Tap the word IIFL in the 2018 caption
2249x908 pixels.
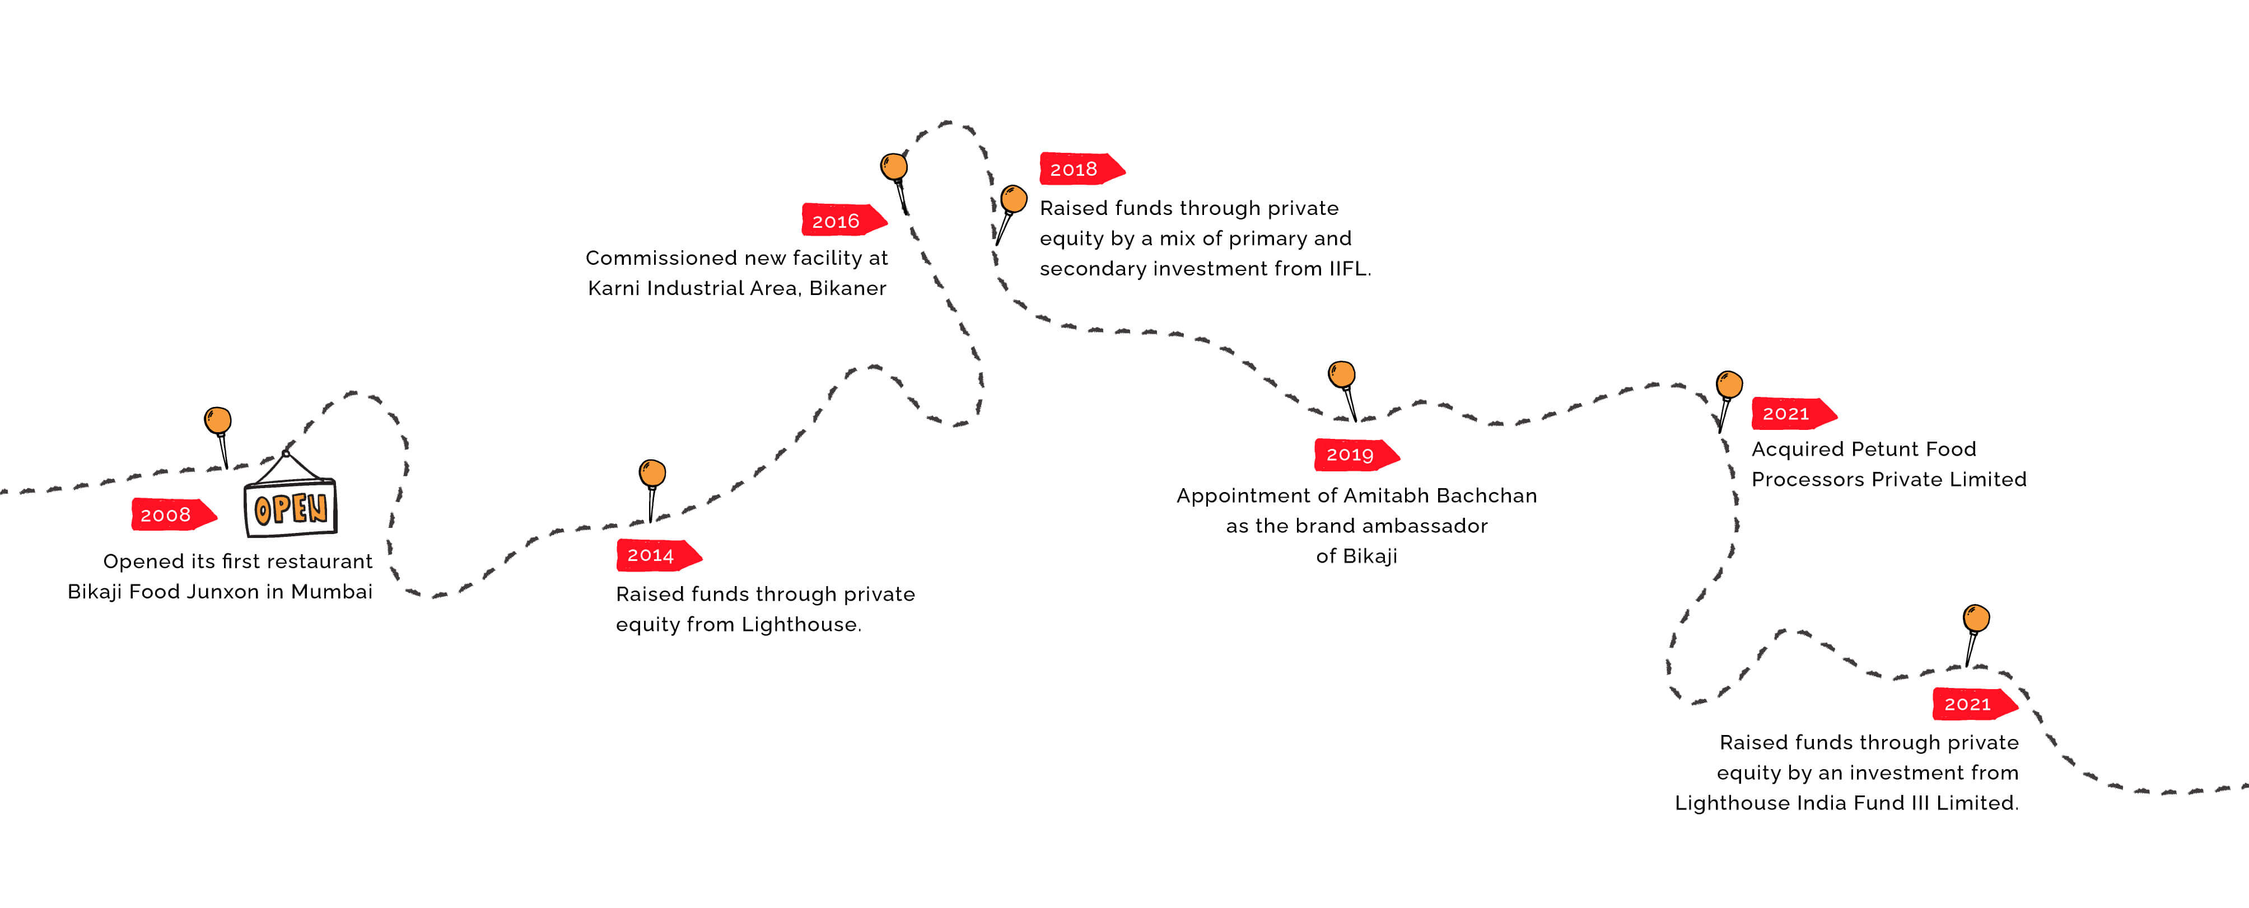1348,268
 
